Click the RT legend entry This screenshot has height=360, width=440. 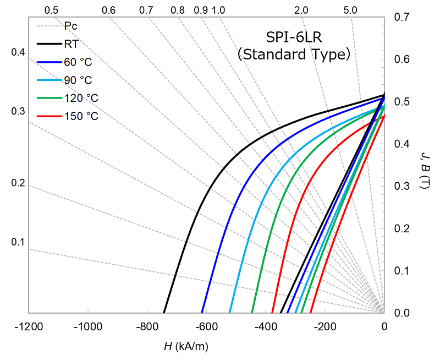point(71,45)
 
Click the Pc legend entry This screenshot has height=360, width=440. point(70,26)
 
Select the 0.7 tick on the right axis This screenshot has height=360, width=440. point(402,18)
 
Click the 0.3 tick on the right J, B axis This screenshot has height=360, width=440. point(402,186)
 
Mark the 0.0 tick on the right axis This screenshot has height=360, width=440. point(402,313)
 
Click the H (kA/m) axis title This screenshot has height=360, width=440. point(186,346)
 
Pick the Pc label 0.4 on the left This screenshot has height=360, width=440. point(18,52)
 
